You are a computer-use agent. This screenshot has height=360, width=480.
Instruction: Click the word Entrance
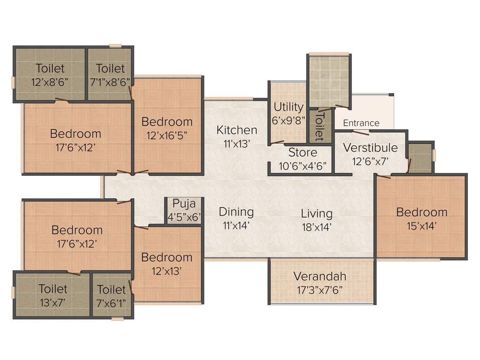point(361,123)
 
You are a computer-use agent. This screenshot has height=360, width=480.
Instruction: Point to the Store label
point(302,152)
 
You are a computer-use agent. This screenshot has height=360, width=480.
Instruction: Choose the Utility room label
point(288,107)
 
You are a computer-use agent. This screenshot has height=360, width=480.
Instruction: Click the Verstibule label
point(370,148)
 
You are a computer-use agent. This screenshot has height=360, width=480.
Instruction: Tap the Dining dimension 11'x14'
point(236,225)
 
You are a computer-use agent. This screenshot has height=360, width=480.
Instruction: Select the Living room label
point(316,214)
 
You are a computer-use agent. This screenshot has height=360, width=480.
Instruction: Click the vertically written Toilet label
point(320,126)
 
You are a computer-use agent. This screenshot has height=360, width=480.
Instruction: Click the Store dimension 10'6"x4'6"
point(302,166)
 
